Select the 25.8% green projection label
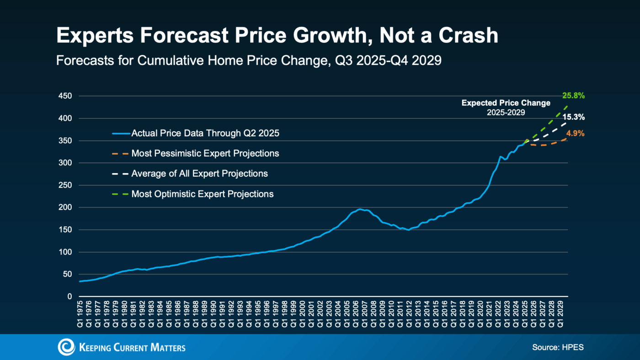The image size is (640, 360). pos(573,96)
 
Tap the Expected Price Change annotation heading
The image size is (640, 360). pos(506,103)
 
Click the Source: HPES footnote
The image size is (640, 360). pos(558,348)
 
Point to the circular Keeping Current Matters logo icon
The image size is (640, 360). pos(66,347)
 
